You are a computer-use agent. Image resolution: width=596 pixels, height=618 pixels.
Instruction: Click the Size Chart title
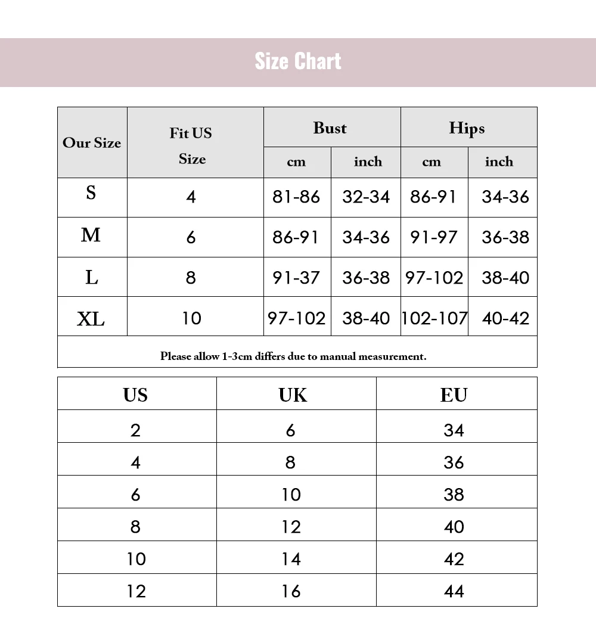pyautogui.click(x=298, y=61)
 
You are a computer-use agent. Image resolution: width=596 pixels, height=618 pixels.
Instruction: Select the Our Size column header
pyautogui.click(x=92, y=143)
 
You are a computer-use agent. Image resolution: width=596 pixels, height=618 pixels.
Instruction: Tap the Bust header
pyautogui.click(x=330, y=128)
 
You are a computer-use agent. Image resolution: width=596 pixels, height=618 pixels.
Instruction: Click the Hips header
pyautogui.click(x=467, y=128)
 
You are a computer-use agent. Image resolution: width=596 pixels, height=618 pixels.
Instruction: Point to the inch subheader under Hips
pyautogui.click(x=499, y=162)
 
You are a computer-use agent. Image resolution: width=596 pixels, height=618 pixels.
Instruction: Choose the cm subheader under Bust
pyautogui.click(x=296, y=162)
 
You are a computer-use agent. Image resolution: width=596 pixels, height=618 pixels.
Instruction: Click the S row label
pyautogui.click(x=91, y=193)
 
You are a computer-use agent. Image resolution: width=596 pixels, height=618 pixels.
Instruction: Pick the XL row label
pyautogui.click(x=91, y=319)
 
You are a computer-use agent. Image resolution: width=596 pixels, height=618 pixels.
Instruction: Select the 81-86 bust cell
pyautogui.click(x=296, y=197)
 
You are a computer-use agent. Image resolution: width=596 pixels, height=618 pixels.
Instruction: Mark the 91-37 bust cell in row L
pyautogui.click(x=296, y=278)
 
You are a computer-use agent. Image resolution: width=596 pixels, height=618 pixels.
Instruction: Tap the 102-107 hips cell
pyautogui.click(x=434, y=318)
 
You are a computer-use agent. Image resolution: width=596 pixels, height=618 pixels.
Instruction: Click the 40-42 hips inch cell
pyautogui.click(x=505, y=318)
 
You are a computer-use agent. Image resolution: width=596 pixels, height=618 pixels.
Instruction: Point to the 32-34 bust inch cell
pyautogui.click(x=366, y=197)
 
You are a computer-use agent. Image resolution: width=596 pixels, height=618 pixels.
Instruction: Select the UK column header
pyautogui.click(x=293, y=395)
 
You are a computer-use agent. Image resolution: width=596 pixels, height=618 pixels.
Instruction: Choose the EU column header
pyautogui.click(x=454, y=395)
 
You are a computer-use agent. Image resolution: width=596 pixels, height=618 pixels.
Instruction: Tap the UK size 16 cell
pyautogui.click(x=291, y=591)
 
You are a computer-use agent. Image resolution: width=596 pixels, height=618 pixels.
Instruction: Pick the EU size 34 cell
pyautogui.click(x=454, y=430)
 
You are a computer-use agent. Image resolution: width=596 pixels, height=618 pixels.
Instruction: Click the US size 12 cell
pyautogui.click(x=136, y=591)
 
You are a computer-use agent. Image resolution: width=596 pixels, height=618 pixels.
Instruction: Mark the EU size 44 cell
pyautogui.click(x=454, y=591)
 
